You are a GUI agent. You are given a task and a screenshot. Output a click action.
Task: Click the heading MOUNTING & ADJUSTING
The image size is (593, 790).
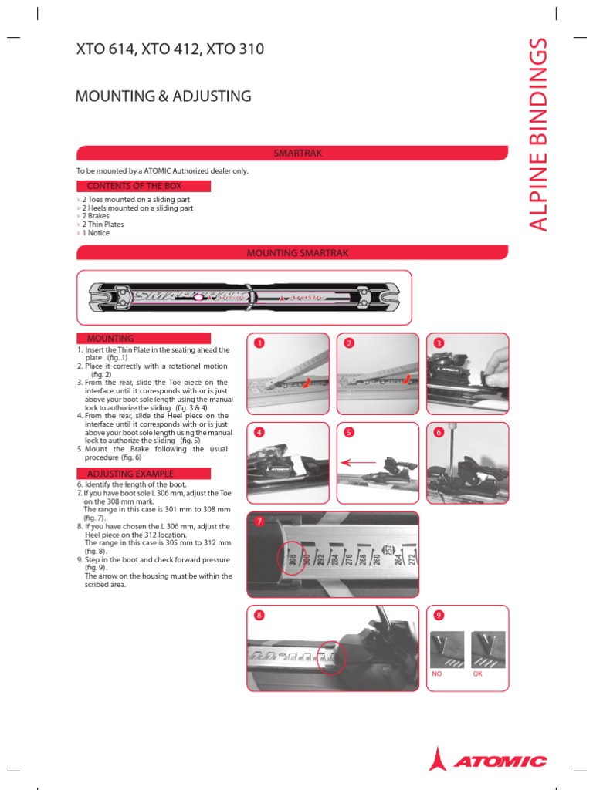(163, 96)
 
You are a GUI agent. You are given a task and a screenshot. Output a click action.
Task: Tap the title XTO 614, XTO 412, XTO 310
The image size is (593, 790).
(170, 50)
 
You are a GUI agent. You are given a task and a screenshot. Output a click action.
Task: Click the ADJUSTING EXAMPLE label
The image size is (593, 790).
(130, 474)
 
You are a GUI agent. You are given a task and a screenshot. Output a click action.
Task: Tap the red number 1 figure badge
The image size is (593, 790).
(260, 343)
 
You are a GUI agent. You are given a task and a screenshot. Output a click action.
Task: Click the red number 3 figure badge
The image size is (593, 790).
(439, 343)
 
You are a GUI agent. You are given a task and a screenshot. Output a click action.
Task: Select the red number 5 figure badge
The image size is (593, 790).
(349, 433)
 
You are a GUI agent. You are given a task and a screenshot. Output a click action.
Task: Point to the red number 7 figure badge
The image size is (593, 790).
(259, 522)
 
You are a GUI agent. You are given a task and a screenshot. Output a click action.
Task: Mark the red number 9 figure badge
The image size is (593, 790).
(439, 615)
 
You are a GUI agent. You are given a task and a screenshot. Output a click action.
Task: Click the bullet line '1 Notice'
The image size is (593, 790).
(96, 233)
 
